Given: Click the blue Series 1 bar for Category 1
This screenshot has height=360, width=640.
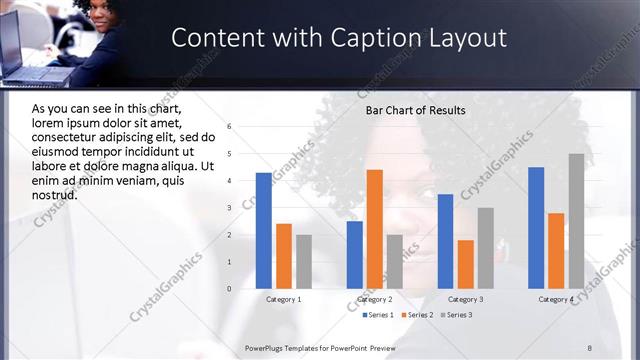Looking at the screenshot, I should (263, 231).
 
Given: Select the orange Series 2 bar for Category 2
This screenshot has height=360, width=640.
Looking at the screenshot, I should (375, 229).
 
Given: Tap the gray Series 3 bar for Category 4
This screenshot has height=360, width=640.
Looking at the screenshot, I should (577, 221).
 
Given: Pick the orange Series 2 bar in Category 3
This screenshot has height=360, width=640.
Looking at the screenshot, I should (465, 264).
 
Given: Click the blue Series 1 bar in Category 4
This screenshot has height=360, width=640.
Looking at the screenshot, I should (536, 228).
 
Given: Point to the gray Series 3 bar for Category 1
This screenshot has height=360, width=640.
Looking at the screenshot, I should (304, 262).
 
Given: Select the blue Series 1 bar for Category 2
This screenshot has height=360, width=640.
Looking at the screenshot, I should (354, 255).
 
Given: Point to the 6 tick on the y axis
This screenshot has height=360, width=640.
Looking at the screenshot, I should (230, 127).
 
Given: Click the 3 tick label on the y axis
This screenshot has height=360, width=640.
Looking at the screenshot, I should (230, 208).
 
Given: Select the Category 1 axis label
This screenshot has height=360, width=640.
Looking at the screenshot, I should (284, 299).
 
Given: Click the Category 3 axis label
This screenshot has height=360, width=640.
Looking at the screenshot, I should (466, 299).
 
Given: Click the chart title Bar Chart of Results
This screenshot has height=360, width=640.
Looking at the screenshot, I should (415, 109).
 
